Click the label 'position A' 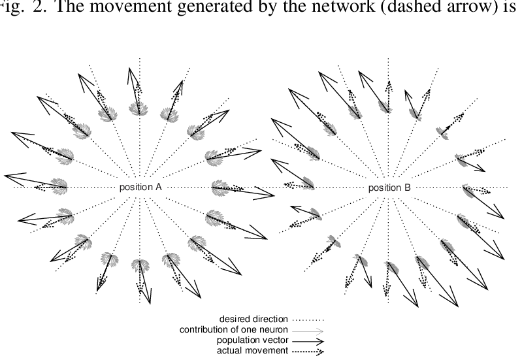coord(140,188)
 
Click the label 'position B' coord(389,188)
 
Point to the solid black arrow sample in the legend coord(308,340)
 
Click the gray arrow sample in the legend coord(308,330)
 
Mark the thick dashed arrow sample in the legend coord(308,351)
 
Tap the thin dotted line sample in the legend coord(308,319)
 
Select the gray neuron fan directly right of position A coord(220,188)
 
